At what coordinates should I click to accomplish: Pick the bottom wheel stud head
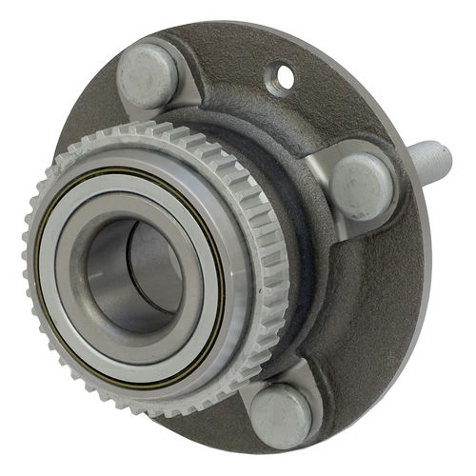[282, 417]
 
